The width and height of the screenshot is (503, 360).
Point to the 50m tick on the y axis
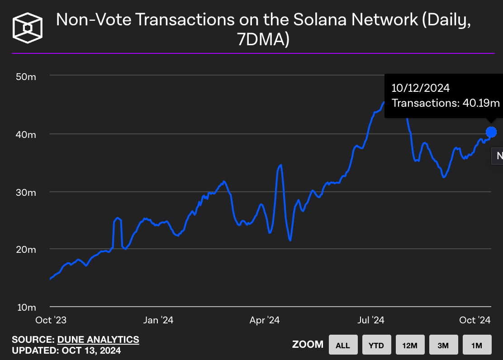pos(26,76)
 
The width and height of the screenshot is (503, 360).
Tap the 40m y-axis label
pos(26,134)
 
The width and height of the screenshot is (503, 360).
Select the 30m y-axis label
pos(26,192)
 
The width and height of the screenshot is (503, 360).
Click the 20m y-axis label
pos(26,250)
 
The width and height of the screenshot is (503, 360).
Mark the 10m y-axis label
pos(26,308)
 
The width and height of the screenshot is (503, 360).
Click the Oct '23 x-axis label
pos(51,320)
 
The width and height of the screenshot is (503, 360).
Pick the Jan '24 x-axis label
pos(158,320)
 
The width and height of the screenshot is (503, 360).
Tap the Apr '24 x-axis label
pos(265,320)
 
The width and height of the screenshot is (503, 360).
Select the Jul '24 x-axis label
pos(371,320)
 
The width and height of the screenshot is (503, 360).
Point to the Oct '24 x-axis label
pos(475,320)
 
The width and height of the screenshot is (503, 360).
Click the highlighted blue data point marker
pos(491,132)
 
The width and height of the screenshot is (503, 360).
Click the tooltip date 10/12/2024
pos(421,88)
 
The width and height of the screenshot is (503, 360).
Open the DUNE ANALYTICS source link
pos(98,339)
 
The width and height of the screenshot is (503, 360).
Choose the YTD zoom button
pos(376,346)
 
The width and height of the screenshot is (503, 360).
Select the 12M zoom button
pos(409,346)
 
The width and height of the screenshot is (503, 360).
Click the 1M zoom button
pos(476,346)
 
